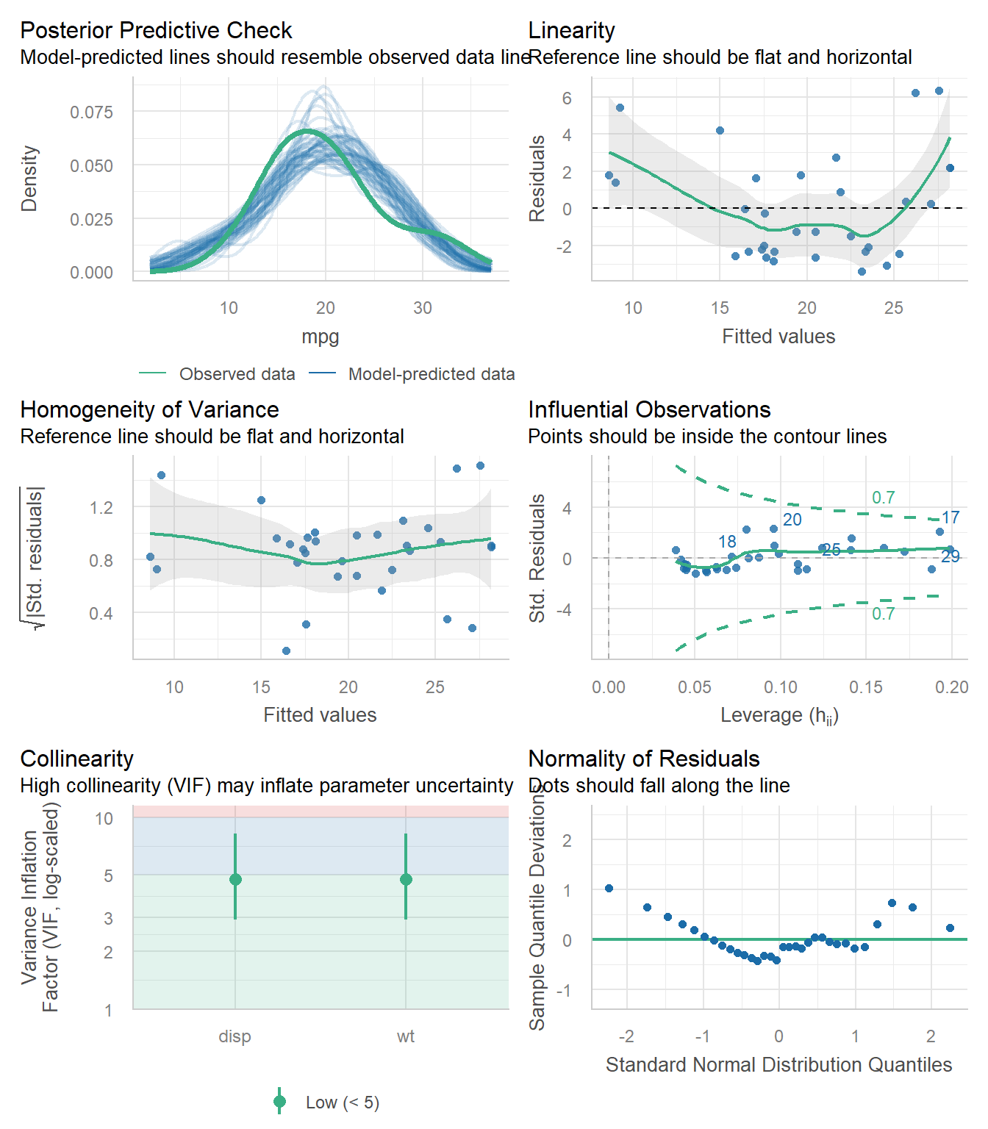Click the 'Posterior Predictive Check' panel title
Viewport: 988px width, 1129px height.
coord(156,31)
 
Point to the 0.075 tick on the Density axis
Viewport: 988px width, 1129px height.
coord(91,112)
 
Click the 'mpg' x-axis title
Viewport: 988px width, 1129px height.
coord(321,337)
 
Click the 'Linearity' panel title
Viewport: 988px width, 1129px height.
coord(571,31)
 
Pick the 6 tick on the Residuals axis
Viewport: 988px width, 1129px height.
coord(567,98)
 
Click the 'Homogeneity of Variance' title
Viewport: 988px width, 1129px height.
coord(149,410)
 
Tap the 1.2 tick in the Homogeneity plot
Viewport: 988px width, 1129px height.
coord(101,508)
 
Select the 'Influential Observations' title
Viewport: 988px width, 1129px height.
coord(649,410)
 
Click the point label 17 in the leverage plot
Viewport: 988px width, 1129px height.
coord(951,518)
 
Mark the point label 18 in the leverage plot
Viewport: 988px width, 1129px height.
coord(727,542)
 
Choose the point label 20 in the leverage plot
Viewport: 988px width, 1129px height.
coord(792,520)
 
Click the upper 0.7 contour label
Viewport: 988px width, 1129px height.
coord(883,498)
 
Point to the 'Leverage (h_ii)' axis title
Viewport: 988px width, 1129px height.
coord(779,715)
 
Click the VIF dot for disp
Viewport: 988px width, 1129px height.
coord(235,880)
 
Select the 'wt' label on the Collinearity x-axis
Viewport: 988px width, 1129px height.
coord(406,1036)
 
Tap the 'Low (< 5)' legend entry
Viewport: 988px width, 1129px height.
coord(342,1103)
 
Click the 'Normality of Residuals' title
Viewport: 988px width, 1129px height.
coord(644,759)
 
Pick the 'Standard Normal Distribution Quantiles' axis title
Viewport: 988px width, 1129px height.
coord(778,1065)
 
